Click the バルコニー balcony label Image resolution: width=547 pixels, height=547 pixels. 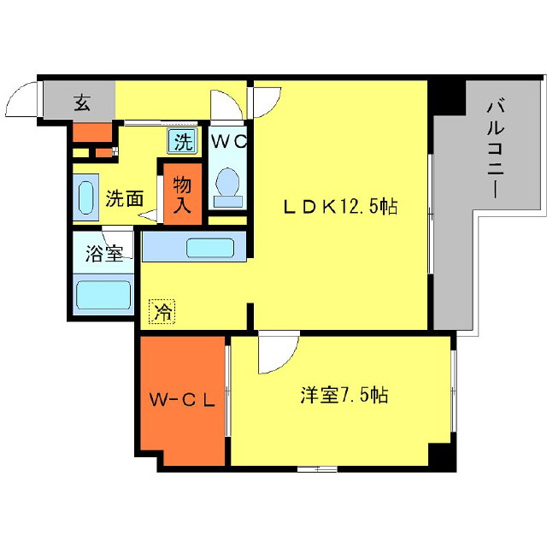494,149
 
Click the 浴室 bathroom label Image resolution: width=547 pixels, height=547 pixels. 103,253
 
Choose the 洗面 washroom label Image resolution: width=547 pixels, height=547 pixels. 123,199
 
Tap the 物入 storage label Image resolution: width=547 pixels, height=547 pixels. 181,194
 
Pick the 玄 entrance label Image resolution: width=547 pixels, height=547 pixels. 80,103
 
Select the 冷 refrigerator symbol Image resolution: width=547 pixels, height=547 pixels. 162,312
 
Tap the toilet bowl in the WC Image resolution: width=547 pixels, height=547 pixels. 228,185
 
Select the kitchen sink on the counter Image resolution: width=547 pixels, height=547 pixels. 210,249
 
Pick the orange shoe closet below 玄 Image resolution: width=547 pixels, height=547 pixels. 92,132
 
